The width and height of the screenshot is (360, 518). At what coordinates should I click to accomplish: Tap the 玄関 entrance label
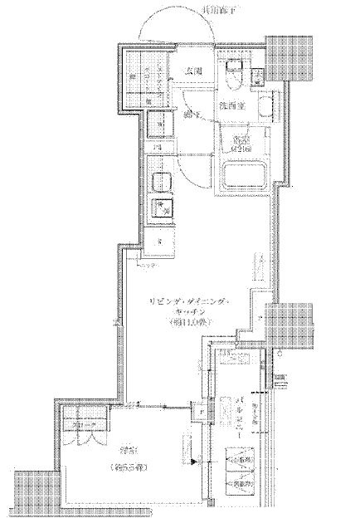[x=195, y=71]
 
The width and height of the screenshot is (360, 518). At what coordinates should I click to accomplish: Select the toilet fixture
[x=234, y=74]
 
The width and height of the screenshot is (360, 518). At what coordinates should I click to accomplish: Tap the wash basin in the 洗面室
[x=263, y=105]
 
